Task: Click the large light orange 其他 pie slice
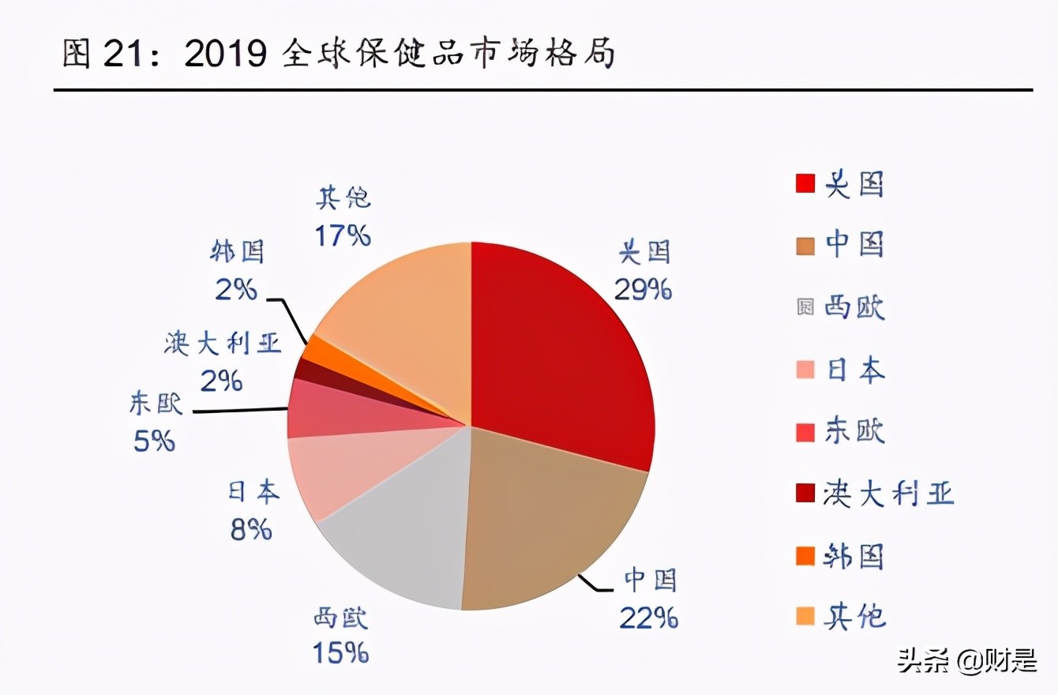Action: pos(403,316)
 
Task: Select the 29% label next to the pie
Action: pos(643,290)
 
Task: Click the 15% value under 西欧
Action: pos(340,652)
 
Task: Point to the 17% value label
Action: pos(343,235)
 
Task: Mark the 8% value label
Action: pos(251,529)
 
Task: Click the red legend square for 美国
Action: pos(805,184)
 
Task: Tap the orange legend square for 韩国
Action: pos(805,557)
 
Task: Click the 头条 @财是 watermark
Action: pos(966,660)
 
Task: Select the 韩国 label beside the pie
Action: pos(237,252)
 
